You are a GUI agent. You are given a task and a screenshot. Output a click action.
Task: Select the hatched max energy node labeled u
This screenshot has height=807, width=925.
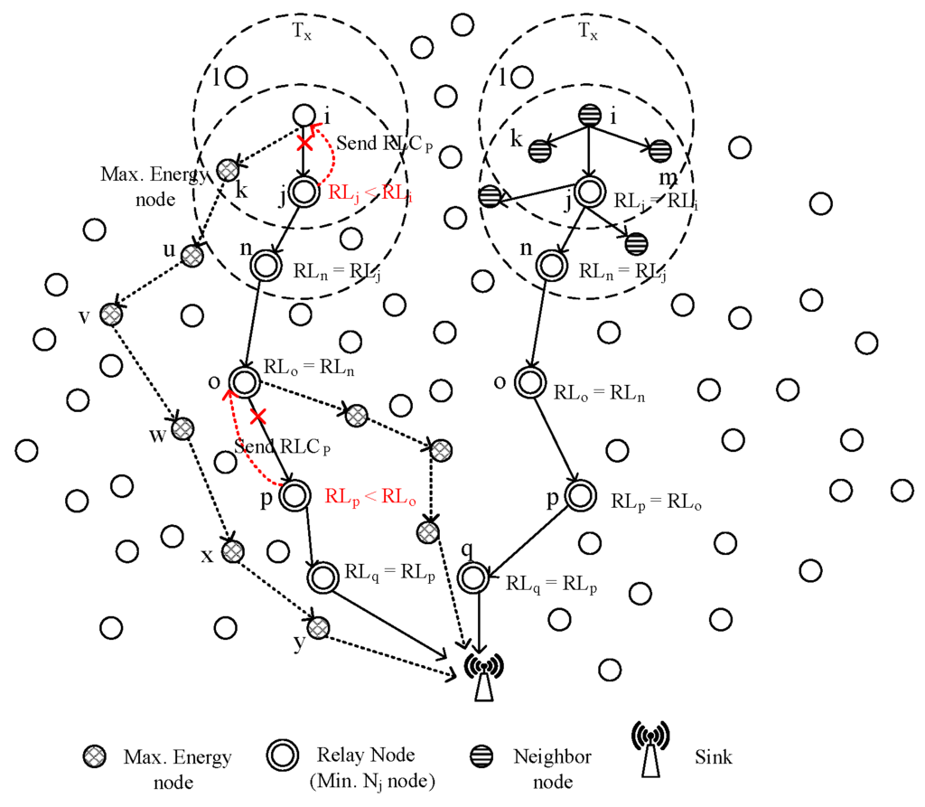(192, 257)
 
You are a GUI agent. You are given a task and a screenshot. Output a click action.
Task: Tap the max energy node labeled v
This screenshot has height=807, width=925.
(111, 314)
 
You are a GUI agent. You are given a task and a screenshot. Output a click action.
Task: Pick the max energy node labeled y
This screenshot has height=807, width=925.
(318, 626)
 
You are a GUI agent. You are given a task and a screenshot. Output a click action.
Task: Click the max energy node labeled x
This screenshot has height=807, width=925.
(233, 550)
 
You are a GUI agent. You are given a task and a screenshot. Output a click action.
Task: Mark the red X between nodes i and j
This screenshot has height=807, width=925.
(305, 144)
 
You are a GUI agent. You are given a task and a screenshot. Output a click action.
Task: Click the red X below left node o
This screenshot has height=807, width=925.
(259, 417)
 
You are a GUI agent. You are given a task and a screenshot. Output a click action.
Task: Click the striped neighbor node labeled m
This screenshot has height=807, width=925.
(659, 150)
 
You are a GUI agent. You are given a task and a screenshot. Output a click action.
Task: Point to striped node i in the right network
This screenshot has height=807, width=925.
(588, 117)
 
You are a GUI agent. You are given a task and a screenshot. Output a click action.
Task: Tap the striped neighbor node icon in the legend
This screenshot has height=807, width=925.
(483, 755)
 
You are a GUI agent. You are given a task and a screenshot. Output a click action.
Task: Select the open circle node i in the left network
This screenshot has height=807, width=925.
(304, 116)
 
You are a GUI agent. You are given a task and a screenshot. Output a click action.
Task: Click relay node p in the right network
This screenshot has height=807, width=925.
(582, 495)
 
